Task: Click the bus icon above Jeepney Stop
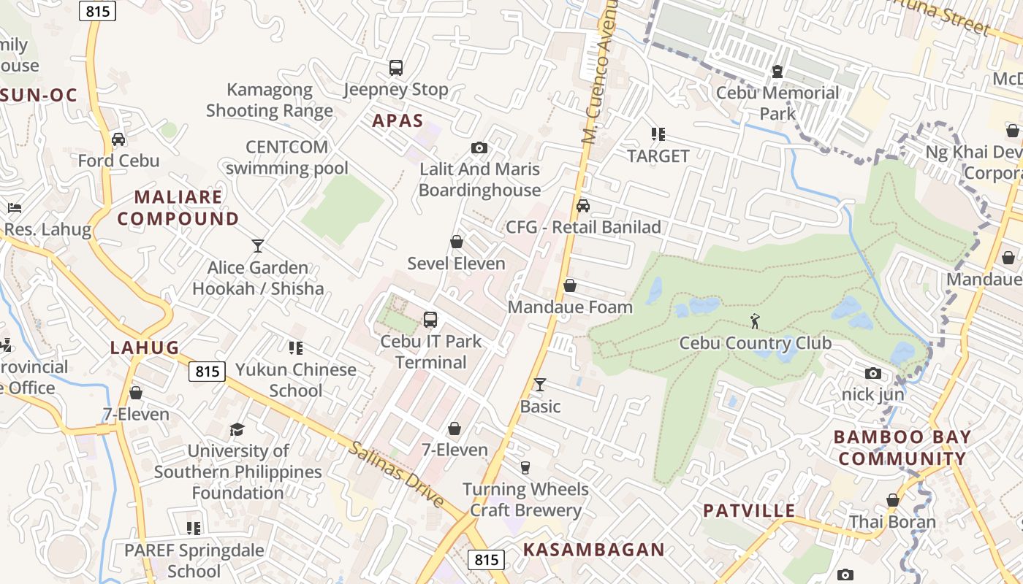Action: coord(395,68)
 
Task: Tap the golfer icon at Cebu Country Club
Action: coord(755,320)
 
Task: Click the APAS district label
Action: coord(398,120)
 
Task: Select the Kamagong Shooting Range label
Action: coord(270,100)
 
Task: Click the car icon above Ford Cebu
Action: coord(118,139)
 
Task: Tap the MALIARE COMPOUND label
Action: coord(178,208)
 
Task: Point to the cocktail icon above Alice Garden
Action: coord(257,245)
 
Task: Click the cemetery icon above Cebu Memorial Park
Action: coord(777,72)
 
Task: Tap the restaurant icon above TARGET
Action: coord(658,134)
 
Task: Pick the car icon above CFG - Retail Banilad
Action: coord(582,206)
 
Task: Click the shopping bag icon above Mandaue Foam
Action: coord(570,285)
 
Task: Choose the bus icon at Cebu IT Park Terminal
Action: coord(430,320)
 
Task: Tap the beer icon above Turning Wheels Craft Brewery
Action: coord(525,468)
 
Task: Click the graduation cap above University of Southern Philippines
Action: coord(237,429)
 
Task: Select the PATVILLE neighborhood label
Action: coord(749,510)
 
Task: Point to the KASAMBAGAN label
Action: coord(594,550)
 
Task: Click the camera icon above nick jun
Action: coord(872,374)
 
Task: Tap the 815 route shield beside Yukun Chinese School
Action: coord(208,372)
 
